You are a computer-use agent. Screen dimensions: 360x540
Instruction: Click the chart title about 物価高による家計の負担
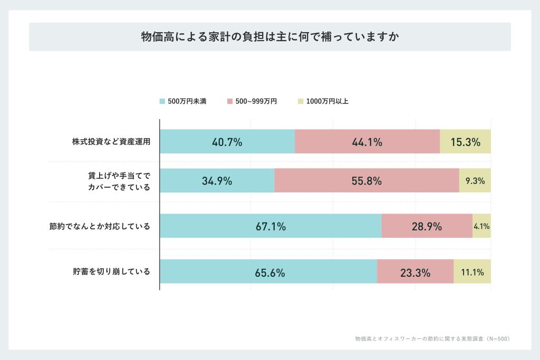tap(269, 37)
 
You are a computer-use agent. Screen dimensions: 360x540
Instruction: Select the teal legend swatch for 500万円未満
tap(162, 101)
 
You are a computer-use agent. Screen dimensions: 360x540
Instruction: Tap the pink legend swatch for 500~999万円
tap(229, 101)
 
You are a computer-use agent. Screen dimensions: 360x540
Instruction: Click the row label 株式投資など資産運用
tap(111, 142)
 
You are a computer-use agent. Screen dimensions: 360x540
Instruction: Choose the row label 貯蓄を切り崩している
tap(111, 272)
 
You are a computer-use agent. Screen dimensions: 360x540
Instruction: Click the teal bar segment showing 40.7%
tap(227, 142)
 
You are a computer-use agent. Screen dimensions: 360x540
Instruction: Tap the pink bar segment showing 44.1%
tap(367, 142)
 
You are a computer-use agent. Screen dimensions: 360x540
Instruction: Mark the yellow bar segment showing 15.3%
tap(465, 142)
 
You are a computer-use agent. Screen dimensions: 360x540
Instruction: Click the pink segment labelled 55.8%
tap(367, 181)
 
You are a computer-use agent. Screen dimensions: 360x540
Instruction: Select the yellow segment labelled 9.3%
tap(475, 181)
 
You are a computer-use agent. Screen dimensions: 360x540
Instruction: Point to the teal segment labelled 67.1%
tap(271, 226)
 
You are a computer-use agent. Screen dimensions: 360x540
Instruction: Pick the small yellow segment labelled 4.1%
tap(481, 226)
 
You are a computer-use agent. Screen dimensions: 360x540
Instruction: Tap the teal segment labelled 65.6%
tap(268, 272)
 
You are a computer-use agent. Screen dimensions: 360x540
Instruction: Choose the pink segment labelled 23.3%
tap(415, 272)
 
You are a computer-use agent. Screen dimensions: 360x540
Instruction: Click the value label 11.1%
tap(472, 273)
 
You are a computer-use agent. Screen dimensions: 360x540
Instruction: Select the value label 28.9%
tap(427, 227)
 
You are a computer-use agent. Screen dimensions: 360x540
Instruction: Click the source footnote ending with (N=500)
tap(432, 338)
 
